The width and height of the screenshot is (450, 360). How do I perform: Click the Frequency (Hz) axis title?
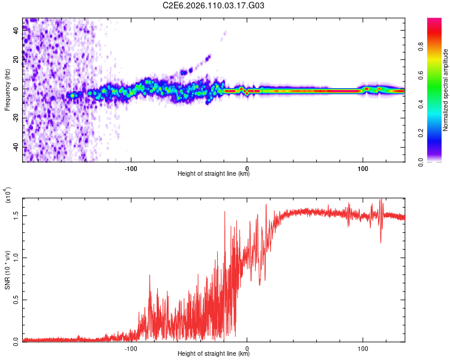[7, 90]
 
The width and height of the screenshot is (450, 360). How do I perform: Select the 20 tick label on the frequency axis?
[16, 60]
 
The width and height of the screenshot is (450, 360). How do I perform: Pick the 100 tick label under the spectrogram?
[362, 167]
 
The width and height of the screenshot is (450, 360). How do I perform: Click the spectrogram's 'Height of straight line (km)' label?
[214, 174]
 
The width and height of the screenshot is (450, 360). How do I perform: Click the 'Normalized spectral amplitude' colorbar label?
[446, 90]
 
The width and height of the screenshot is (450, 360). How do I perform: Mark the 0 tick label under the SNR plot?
[247, 347]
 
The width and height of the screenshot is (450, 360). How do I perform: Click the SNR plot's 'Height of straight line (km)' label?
[214, 354]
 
